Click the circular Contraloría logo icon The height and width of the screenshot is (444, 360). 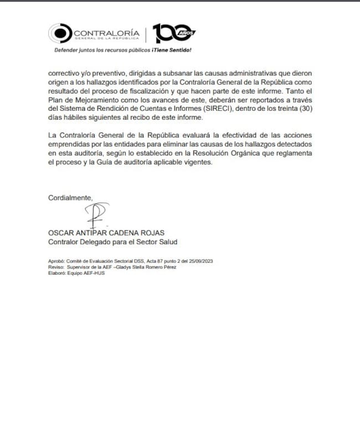point(59,34)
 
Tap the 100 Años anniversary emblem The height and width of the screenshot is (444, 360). point(173,34)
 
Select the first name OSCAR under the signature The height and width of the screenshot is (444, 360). point(60,233)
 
